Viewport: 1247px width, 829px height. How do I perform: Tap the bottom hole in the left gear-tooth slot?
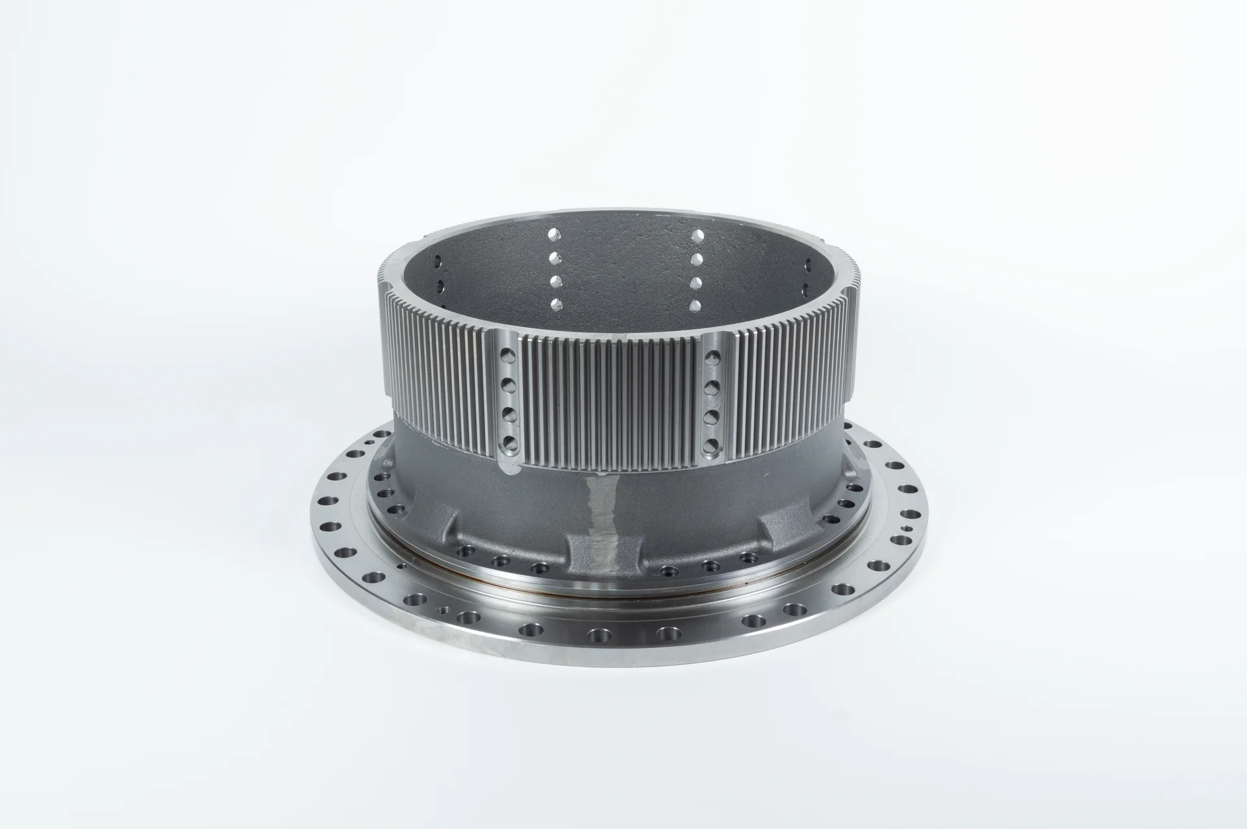508,445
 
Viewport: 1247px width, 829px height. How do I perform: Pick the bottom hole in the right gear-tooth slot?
712,445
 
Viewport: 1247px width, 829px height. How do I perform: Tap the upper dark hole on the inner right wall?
808,266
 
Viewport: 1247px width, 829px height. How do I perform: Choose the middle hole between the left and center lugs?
501,560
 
